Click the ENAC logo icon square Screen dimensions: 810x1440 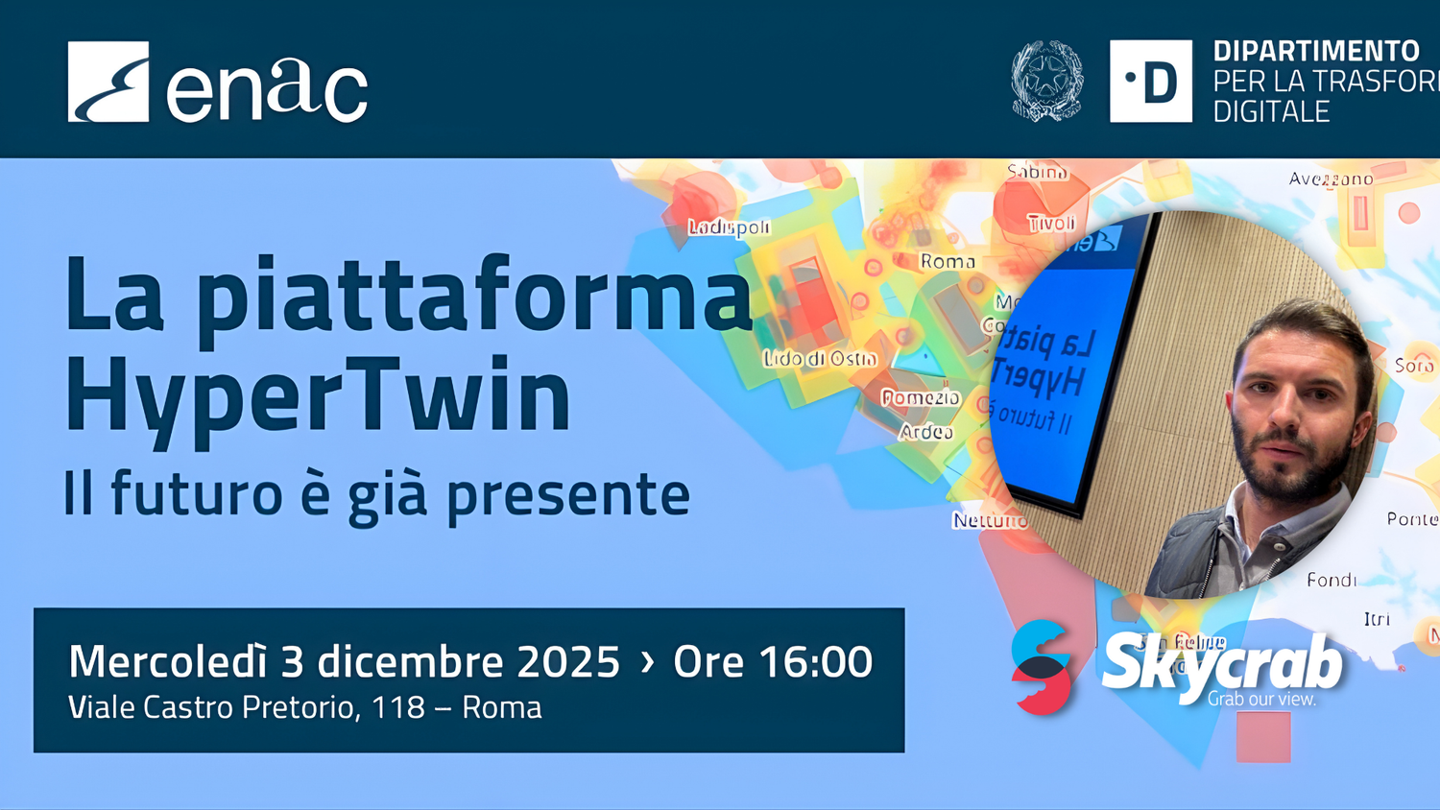(108, 82)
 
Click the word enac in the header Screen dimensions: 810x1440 (267, 87)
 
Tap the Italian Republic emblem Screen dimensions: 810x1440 (1046, 82)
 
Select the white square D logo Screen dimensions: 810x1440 (1150, 82)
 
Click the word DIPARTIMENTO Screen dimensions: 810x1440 (1315, 51)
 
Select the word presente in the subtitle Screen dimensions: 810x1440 (568, 494)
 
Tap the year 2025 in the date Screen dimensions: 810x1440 (568, 662)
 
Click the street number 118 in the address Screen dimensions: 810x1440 (397, 707)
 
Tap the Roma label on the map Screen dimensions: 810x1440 (948, 261)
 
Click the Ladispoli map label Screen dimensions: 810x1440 (730, 227)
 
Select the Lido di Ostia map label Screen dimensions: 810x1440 (820, 359)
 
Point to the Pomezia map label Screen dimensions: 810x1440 (921, 397)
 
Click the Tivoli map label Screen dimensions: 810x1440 (1051, 224)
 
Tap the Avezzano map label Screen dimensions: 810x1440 (1331, 179)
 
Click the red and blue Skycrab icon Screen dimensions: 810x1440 (1042, 667)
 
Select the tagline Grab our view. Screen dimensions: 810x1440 (1261, 699)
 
